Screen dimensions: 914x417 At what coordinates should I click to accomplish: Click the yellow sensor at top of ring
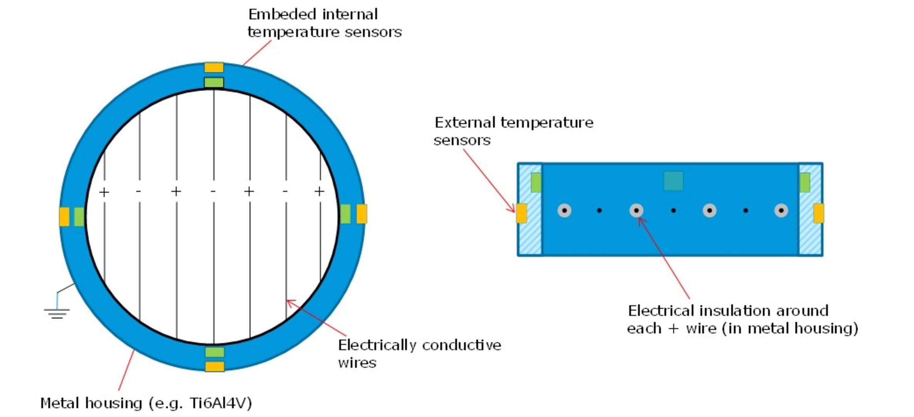point(214,68)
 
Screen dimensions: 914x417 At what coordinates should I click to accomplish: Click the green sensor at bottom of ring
point(214,352)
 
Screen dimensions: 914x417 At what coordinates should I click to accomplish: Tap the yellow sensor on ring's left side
point(64,217)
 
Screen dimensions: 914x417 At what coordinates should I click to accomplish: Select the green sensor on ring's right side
point(345,214)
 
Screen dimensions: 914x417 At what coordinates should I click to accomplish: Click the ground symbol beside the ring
point(57,313)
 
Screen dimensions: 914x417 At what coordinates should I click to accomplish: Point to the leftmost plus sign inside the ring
point(104,192)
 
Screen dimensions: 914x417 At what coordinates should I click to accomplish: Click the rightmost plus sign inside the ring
point(319,191)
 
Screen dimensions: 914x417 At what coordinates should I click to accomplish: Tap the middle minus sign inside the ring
point(213,192)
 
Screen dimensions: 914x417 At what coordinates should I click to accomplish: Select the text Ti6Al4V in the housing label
point(221,403)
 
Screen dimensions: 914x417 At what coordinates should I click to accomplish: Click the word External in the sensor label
point(465,123)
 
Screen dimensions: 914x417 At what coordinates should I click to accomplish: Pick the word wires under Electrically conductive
point(357,363)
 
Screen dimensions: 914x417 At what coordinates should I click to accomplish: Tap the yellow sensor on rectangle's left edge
point(521,213)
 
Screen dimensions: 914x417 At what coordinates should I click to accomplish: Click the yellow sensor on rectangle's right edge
point(818,213)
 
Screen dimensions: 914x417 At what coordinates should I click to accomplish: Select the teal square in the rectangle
point(673,181)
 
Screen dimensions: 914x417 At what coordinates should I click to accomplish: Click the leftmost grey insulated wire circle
point(564,210)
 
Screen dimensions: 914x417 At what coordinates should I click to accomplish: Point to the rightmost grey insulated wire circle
point(781,210)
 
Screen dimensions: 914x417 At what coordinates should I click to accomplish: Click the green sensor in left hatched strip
point(536,182)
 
